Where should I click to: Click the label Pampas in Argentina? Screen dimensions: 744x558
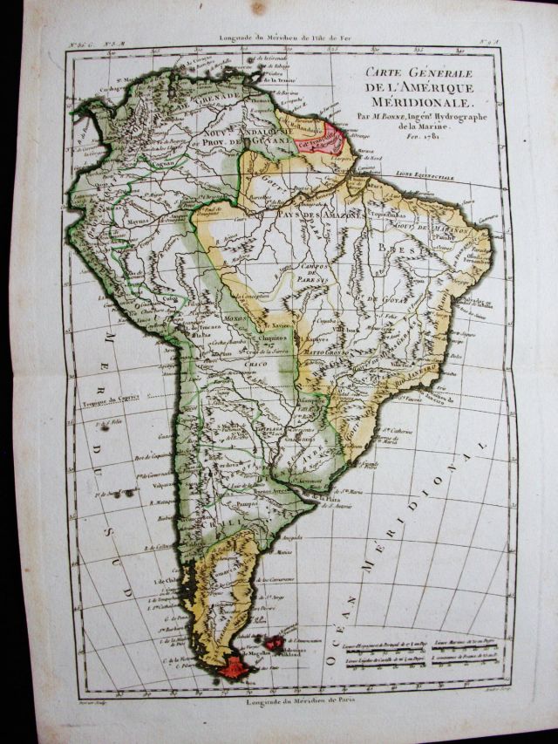point(241,505)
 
